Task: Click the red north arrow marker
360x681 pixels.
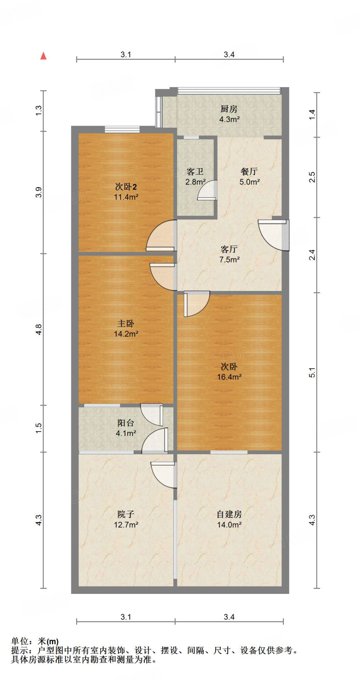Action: pos(43,56)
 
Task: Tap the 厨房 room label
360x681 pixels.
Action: pos(229,109)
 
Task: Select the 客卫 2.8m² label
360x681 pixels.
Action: pos(195,177)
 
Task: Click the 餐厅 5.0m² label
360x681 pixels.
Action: pos(249,177)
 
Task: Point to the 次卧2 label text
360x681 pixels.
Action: pos(126,187)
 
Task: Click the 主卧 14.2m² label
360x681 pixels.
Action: pos(126,329)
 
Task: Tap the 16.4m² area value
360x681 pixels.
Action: pos(229,377)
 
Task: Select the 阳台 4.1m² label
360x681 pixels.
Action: pos(126,428)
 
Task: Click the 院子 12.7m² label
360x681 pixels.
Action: pos(126,519)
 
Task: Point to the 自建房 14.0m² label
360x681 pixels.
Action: pos(229,519)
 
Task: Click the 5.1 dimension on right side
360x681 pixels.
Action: pos(312,372)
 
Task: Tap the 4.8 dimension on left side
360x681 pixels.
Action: pos(39,329)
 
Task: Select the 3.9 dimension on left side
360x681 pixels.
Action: pos(39,192)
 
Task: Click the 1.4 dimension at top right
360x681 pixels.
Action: pos(312,115)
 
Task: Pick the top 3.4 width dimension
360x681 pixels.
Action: pos(229,55)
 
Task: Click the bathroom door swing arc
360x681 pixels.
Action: pos(207,191)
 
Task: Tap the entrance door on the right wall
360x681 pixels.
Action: pos(273,234)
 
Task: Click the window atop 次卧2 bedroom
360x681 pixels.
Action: pos(122,129)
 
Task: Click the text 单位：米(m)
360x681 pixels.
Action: pos(35,641)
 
